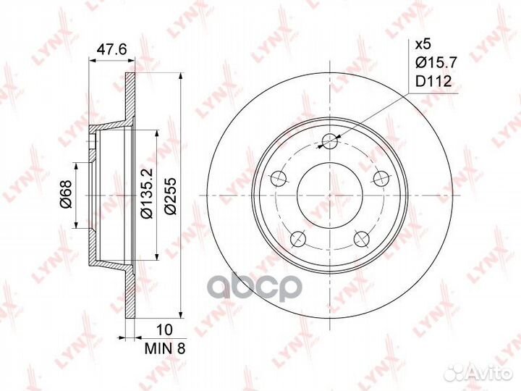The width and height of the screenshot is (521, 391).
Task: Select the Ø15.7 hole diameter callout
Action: (x=433, y=63)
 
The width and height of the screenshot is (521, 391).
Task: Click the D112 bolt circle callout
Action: (x=433, y=82)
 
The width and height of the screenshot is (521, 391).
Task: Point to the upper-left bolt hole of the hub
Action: (x=278, y=177)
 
